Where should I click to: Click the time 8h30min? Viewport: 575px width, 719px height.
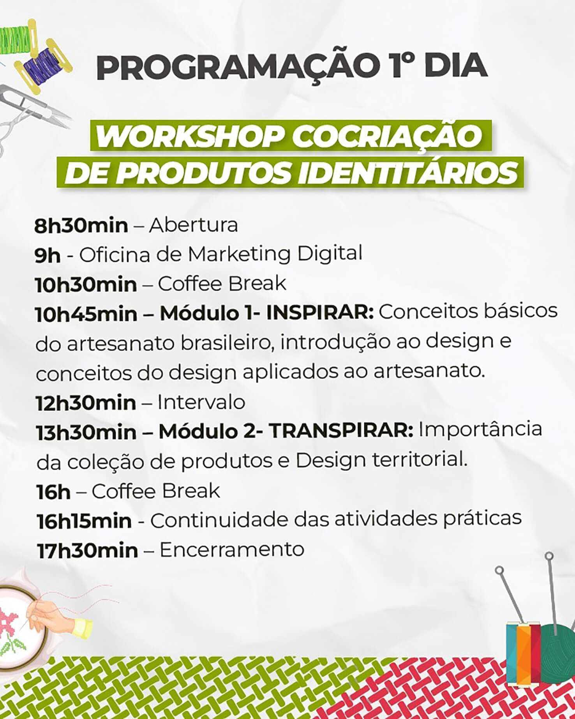click(x=81, y=226)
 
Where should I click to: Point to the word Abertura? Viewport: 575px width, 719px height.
click(x=194, y=225)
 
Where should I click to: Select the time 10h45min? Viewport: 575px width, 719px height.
click(x=86, y=314)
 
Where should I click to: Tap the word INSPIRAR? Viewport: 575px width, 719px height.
click(x=320, y=313)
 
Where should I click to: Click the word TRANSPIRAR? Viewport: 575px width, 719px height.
click(x=341, y=431)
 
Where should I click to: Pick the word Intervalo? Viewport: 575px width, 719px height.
click(x=201, y=402)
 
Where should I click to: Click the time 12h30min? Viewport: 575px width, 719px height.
click(x=86, y=403)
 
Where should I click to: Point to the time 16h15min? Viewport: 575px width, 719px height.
click(x=84, y=521)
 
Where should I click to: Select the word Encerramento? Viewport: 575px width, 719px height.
click(x=232, y=549)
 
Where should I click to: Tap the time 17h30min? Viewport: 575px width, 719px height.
click(x=87, y=551)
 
